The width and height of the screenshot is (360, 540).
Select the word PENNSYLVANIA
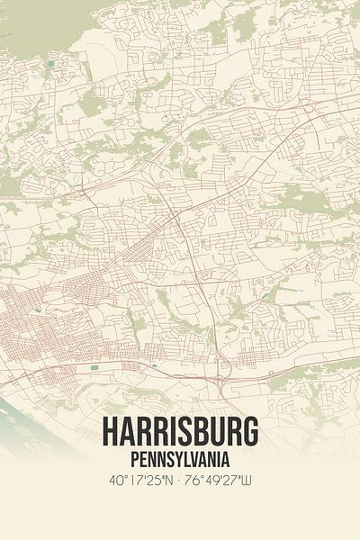click(180, 459)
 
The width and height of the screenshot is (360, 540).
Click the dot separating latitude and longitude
click(180, 481)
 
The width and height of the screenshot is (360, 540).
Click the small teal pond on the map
click(94, 368)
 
